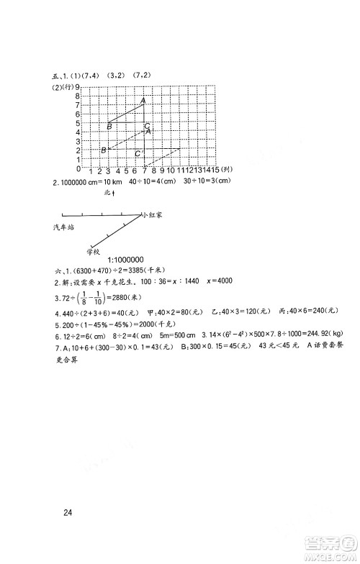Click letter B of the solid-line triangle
click(109, 127)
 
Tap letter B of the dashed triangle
click(104, 150)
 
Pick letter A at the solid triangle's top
click(143, 101)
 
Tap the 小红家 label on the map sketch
click(154, 214)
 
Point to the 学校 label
click(92, 251)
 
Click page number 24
click(69, 513)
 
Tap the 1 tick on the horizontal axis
click(89, 171)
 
